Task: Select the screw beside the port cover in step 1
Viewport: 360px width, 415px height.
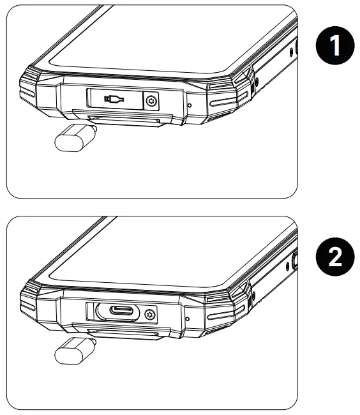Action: point(151,101)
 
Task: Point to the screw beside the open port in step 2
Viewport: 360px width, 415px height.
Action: point(151,313)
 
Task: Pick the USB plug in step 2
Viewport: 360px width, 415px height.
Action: point(73,351)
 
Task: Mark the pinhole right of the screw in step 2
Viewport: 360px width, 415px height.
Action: point(187,318)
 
